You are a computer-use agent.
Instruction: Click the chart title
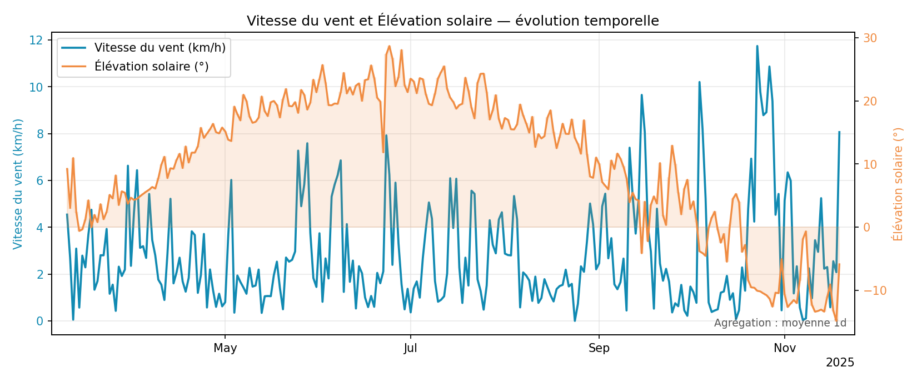[452, 21]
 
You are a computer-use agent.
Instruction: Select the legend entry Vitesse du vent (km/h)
[160, 48]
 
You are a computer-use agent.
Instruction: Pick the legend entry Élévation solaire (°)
[151, 67]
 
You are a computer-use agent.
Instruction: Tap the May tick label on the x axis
[225, 349]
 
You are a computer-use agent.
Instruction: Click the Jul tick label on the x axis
[410, 349]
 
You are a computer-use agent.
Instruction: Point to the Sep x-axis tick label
[599, 349]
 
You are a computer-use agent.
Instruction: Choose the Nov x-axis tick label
[785, 349]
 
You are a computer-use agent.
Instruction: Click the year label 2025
[840, 363]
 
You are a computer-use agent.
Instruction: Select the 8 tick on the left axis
[39, 134]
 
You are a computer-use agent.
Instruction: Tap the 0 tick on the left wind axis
[39, 321]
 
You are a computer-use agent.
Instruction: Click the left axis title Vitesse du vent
[18, 184]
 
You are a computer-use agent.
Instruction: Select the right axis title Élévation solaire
[898, 184]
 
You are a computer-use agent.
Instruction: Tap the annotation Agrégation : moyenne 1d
[780, 323]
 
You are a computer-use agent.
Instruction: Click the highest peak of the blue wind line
[757, 46]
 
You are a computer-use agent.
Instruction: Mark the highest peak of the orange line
[389, 46]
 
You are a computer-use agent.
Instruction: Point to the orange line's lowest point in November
[836, 321]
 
